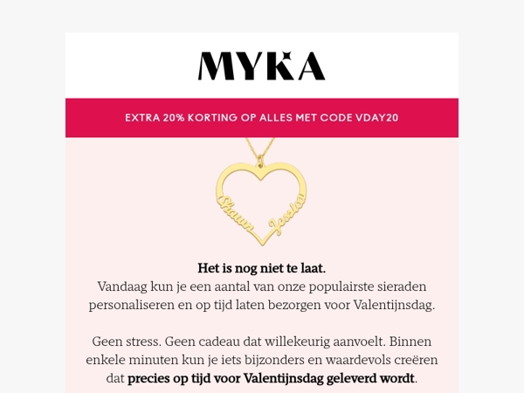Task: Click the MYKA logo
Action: point(261,65)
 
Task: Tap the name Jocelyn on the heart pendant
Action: point(287,215)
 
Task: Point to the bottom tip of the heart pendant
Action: point(263,242)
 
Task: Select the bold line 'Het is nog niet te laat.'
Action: point(262,268)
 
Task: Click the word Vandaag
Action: point(123,286)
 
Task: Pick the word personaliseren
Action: point(134,306)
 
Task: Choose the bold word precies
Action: point(151,379)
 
